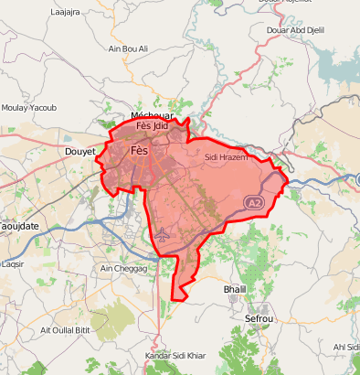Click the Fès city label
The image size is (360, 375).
[x=140, y=150]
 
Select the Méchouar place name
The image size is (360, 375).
[x=151, y=115]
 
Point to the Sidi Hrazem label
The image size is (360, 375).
[x=227, y=157]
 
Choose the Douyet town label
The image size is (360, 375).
[x=80, y=151]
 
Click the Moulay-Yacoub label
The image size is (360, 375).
[x=29, y=108]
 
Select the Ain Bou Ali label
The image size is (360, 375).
[x=128, y=48]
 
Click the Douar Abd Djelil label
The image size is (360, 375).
[x=295, y=31]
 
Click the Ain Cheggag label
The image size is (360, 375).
[x=122, y=268]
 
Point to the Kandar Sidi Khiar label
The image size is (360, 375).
[x=176, y=355]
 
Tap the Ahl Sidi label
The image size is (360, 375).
[x=346, y=347]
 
